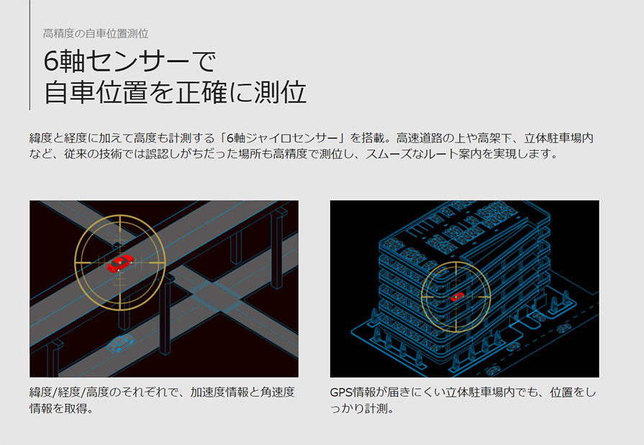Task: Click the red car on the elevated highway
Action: [120, 263]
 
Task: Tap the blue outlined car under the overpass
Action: [120, 343]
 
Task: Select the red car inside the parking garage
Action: [457, 296]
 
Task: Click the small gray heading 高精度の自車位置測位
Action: [96, 34]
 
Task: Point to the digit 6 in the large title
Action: [51, 62]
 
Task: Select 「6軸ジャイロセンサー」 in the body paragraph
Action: [286, 138]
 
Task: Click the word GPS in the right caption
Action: [341, 393]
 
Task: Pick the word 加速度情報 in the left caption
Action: [219, 393]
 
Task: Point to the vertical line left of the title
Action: [30, 55]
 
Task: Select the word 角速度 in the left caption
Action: [278, 393]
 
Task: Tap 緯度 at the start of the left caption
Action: [41, 393]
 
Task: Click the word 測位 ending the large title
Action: [280, 92]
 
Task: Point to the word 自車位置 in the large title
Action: [95, 92]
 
